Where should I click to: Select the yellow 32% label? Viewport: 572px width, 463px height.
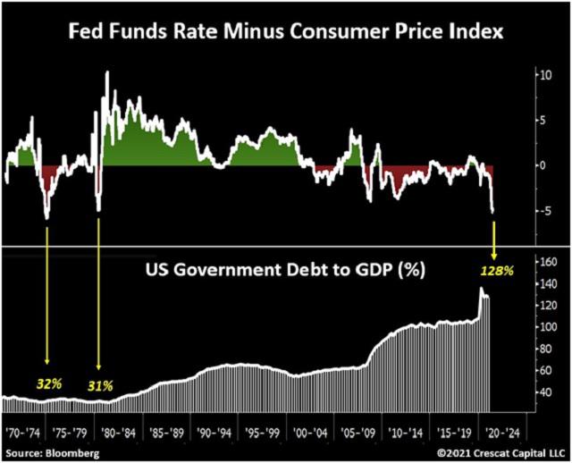(48, 383)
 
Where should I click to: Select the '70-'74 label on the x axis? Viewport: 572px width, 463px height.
(24, 431)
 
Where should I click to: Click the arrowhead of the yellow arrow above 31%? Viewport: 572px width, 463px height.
(98, 366)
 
